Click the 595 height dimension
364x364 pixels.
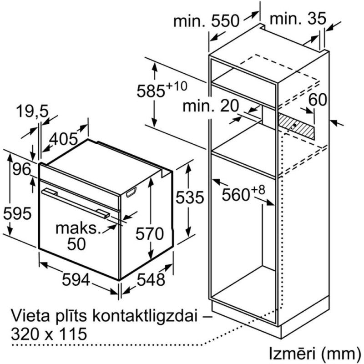coord(17,213)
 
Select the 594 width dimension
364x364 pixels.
coord(76,279)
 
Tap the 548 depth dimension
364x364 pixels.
coord(151,279)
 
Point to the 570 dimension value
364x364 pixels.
coord(150,233)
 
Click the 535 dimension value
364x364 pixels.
coord(190,197)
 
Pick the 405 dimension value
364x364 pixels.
coord(64,139)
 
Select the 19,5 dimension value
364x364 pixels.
coord(32,111)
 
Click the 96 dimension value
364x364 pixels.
coord(22,169)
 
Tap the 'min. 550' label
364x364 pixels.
coord(206,21)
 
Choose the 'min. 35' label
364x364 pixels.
coord(298,18)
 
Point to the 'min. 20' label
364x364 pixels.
coord(211,106)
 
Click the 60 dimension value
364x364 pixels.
coord(318,100)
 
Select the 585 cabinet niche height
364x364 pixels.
coord(162,89)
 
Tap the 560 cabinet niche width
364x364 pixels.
coord(243,192)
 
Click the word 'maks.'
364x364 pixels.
coord(77,228)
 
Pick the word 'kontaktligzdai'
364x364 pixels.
coord(145,316)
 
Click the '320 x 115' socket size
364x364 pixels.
coord(49,334)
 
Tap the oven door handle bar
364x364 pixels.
coord(76,202)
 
